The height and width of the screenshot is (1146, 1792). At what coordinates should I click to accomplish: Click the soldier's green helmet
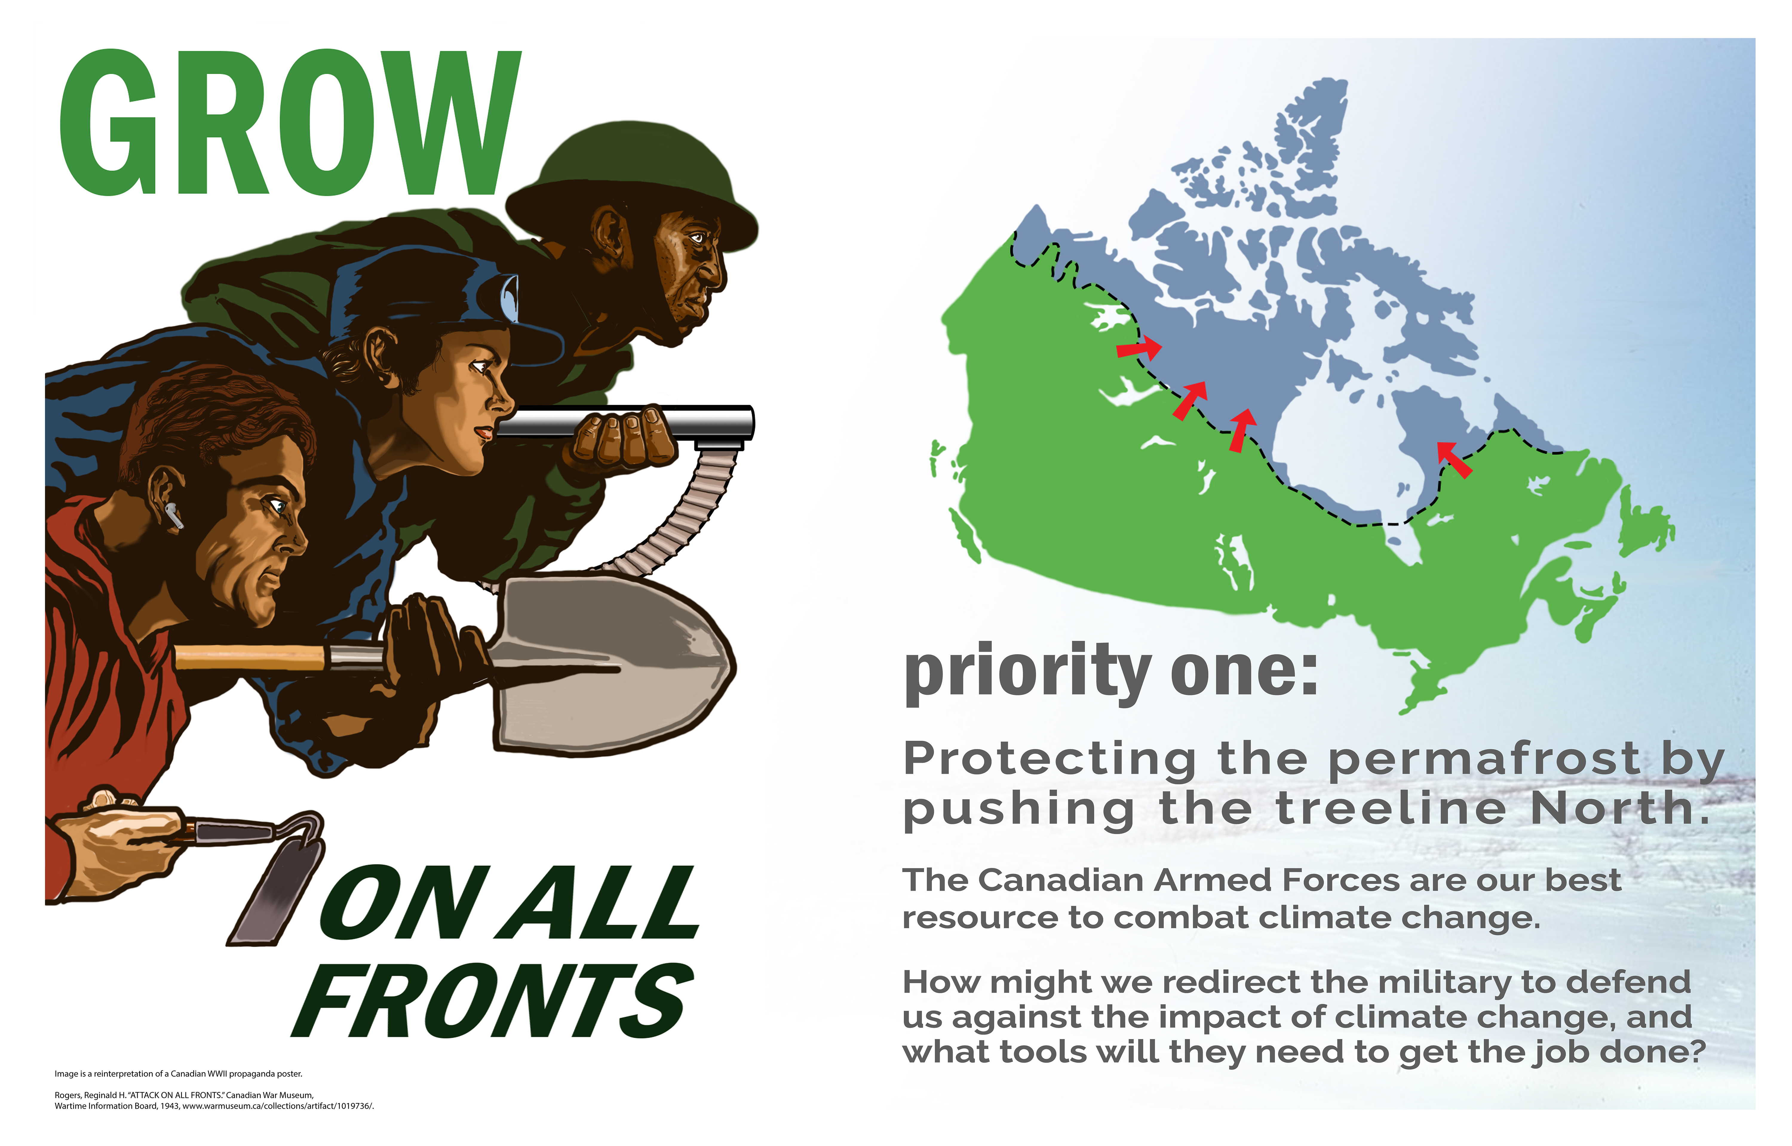[x=633, y=186]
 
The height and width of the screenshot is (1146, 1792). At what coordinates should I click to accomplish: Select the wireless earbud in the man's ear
[x=174, y=515]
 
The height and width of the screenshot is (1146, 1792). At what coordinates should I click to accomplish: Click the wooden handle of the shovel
[x=249, y=658]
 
